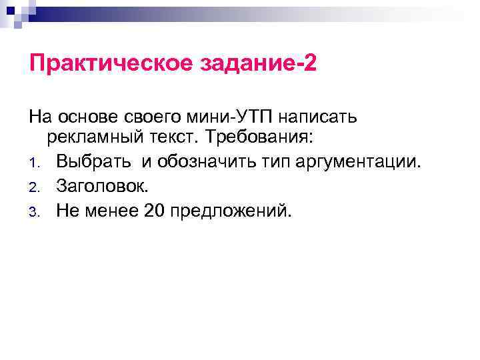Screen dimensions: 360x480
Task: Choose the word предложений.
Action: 231,211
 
